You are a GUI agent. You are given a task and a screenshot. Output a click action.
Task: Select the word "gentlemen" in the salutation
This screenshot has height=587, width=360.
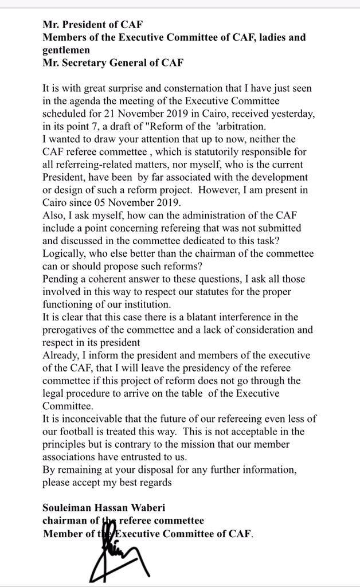[x=66, y=50]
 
